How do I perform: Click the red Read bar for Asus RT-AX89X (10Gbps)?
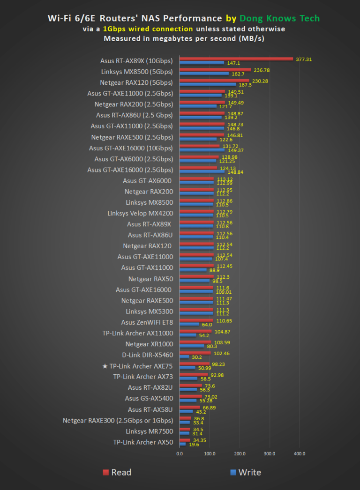point(236,59)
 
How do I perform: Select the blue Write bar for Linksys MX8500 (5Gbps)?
point(204,74)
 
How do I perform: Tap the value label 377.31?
point(304,59)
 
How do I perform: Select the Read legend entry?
point(117,472)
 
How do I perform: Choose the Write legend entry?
point(245,472)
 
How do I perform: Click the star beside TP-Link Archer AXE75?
point(105,366)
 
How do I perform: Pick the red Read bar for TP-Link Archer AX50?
point(184,440)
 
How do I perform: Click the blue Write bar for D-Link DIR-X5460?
point(184,357)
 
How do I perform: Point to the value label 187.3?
point(245,85)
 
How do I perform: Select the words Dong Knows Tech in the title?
point(280,18)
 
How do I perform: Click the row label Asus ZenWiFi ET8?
point(147,322)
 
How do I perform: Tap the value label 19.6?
point(194,445)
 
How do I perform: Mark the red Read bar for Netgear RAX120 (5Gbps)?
point(214,81)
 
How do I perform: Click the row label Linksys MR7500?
point(149,431)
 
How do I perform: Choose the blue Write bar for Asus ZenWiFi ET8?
point(189,324)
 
